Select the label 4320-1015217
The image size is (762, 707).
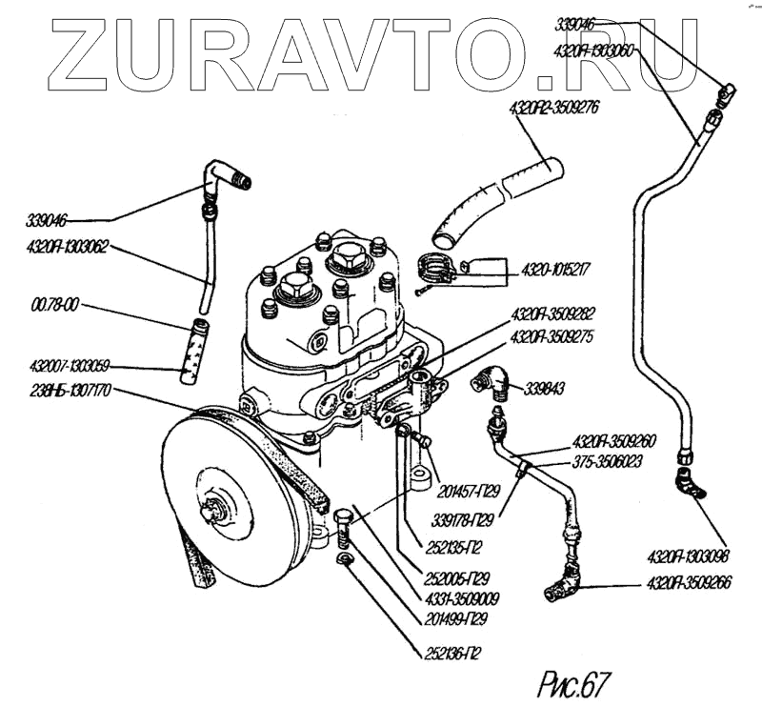click(554, 270)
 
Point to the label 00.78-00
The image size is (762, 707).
click(54, 306)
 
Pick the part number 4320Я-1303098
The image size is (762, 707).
click(685, 555)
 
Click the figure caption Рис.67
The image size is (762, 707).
click(572, 682)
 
